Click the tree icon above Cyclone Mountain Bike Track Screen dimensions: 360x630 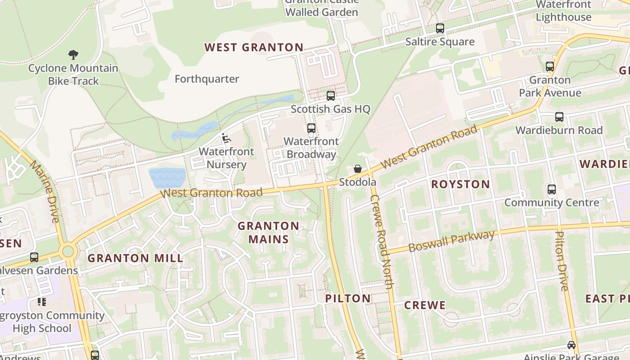coord(73,55)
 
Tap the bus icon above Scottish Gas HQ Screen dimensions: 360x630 coord(331,95)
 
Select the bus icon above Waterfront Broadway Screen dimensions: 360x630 coord(311,128)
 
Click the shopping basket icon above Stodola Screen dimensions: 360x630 coord(358,169)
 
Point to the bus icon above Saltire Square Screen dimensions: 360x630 coord(440,28)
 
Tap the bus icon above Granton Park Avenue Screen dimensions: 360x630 coord(549,67)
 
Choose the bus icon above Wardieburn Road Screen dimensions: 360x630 coord(559,117)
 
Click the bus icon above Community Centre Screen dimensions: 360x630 coord(552,189)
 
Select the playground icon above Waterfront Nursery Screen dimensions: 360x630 coord(226,138)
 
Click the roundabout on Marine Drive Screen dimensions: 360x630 coord(68,251)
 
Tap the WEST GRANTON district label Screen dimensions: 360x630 coord(254,47)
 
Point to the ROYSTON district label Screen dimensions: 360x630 coord(460,184)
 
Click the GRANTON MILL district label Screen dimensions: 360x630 coord(135,258)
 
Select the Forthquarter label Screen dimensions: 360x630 coord(207,79)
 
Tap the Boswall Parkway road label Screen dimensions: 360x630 coord(451,242)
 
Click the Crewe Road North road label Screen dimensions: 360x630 coord(381,242)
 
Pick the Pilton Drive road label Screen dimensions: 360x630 coord(562,261)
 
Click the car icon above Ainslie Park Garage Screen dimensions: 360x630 coord(571,345)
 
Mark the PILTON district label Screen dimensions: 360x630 coord(348,298)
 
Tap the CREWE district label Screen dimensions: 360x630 coord(425,305)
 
